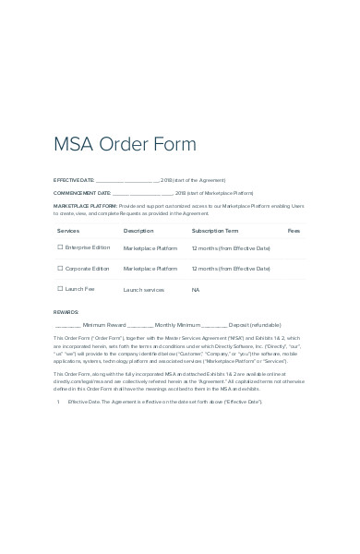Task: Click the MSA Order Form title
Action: (125, 144)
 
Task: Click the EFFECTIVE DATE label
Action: (74, 180)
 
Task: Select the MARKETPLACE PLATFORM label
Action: (85, 206)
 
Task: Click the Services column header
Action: (68, 230)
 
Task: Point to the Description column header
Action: (138, 230)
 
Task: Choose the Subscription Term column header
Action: (215, 230)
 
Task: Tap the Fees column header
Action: (294, 230)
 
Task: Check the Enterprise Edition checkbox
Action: (60, 247)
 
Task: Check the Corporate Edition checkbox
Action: (60, 269)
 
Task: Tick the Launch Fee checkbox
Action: (60, 289)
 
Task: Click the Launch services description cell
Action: (143, 290)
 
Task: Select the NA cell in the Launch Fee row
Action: (196, 290)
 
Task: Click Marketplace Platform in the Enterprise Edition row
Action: (150, 248)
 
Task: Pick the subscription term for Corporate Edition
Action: (231, 269)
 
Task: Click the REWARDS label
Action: (66, 313)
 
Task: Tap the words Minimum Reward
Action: (103, 325)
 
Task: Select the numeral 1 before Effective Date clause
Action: (58, 402)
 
